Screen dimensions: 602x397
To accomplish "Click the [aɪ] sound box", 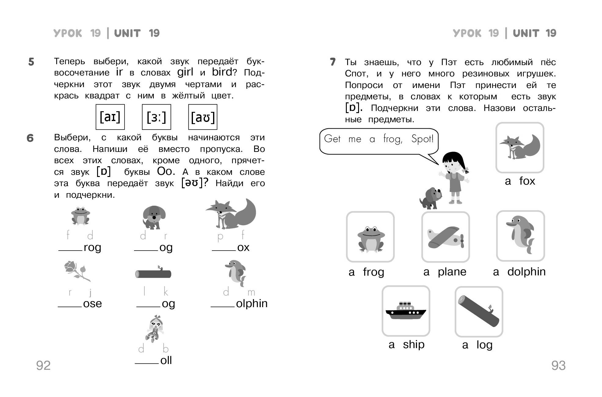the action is click(110, 117).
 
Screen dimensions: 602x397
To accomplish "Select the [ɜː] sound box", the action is click(157, 117).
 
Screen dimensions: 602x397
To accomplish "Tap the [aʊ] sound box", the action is click(203, 117).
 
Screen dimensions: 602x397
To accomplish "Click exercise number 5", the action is click(31, 62).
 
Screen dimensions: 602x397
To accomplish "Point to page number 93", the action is click(558, 366).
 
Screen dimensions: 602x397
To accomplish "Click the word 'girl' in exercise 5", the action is click(185, 72).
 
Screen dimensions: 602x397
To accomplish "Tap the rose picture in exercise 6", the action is click(78, 271).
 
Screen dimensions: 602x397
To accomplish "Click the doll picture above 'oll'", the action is click(155, 328).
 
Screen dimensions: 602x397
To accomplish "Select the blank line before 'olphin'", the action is click(223, 307).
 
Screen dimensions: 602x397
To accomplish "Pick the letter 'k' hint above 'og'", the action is click(166, 292).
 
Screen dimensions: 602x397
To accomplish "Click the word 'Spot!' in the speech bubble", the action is click(422, 139).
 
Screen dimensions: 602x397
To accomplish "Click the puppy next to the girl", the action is click(431, 198).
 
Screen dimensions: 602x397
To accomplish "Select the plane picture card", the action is click(446, 237).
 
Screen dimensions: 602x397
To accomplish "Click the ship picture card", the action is click(406, 311).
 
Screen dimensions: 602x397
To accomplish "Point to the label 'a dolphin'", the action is click(519, 272).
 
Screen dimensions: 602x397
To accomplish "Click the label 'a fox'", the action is click(520, 181).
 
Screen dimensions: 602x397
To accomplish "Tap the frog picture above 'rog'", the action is click(80, 215).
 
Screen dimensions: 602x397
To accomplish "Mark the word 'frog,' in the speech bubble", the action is click(393, 139).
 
